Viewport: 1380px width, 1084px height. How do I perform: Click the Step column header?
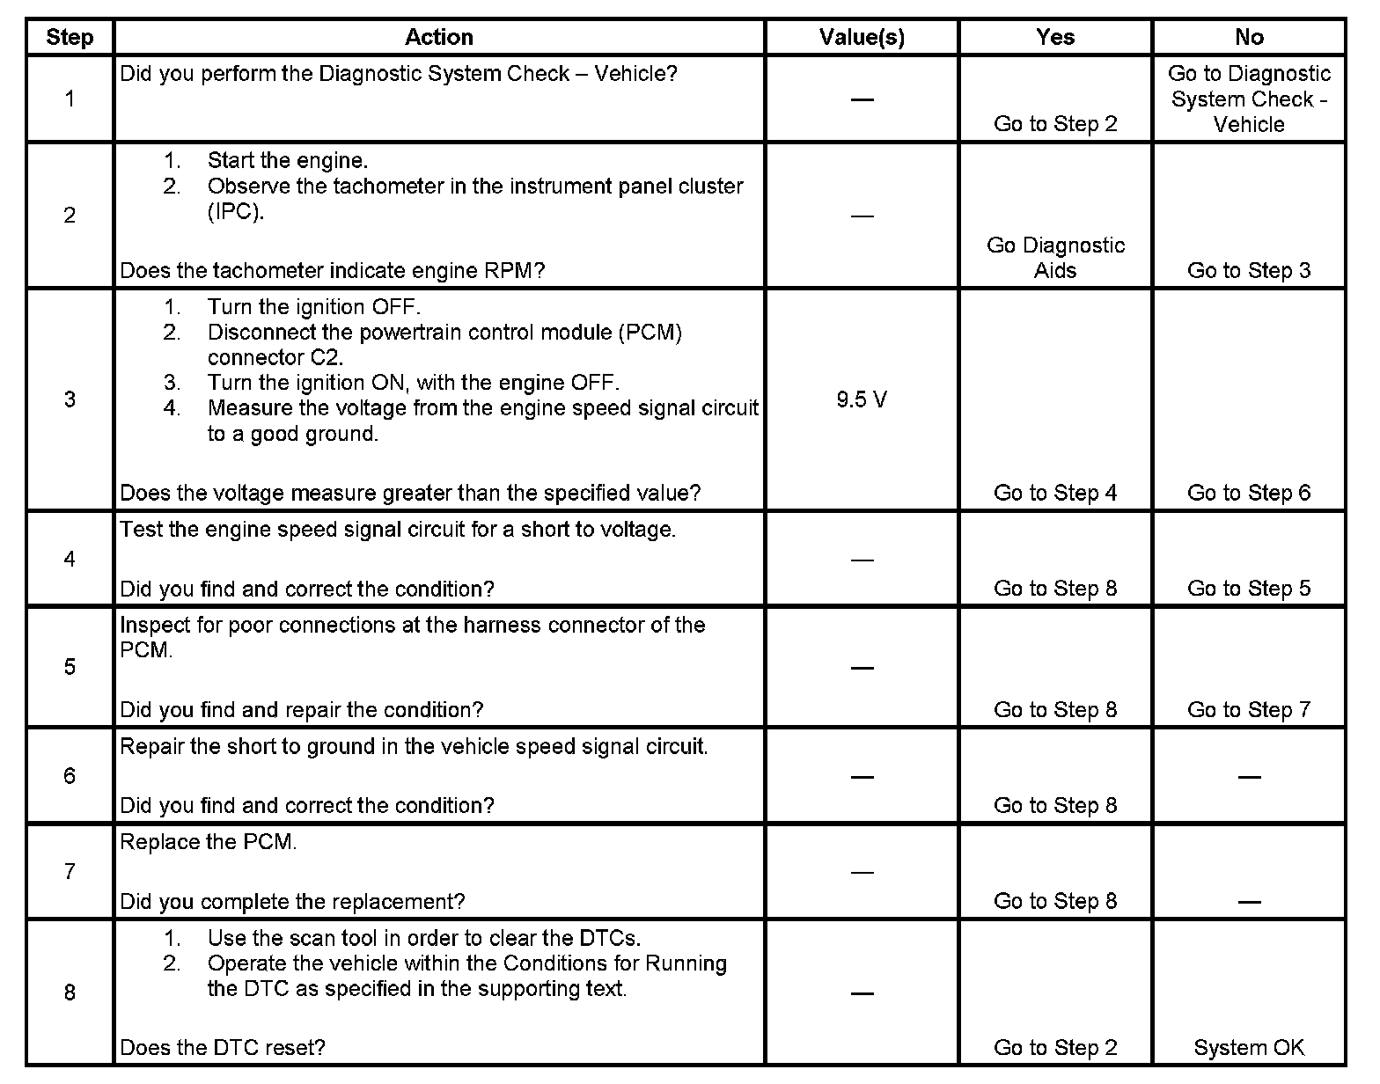pos(70,37)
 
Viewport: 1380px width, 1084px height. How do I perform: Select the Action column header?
pos(438,37)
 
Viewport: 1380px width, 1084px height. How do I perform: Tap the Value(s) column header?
pos(862,37)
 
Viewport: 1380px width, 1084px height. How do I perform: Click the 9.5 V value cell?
pos(862,400)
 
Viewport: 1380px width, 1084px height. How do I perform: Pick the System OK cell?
pos(1249,1047)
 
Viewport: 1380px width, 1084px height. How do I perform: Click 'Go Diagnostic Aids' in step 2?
pos(1055,258)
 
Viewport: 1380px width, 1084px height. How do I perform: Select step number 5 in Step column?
pos(70,667)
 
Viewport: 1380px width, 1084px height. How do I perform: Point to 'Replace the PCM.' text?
pos(209,842)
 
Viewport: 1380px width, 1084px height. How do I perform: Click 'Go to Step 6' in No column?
pos(1249,493)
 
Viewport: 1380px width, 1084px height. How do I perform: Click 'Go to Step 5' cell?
pos(1249,588)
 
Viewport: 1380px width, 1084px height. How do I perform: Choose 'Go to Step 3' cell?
pos(1249,270)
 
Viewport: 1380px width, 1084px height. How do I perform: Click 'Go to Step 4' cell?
pos(1055,493)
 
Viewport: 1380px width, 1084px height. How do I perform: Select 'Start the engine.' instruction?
pos(288,160)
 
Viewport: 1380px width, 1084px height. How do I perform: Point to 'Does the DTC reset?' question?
pos(223,1047)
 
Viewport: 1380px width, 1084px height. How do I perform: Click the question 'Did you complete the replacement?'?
pos(292,901)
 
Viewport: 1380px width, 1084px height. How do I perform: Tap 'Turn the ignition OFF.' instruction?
pos(314,307)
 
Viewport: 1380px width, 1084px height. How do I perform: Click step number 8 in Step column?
pos(70,992)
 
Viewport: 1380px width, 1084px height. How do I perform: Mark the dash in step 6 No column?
pos(1249,776)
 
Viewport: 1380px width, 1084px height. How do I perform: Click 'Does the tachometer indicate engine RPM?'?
pos(333,270)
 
